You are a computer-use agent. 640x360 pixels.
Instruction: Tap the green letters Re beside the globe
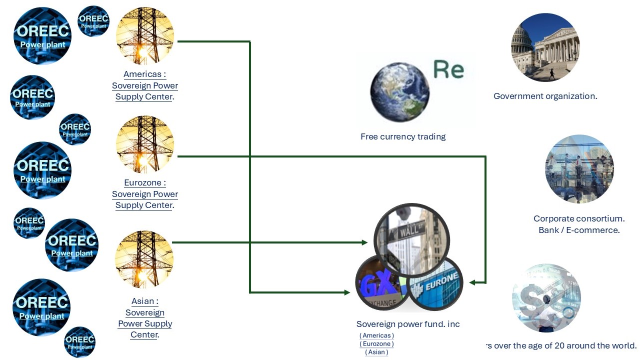tap(448, 69)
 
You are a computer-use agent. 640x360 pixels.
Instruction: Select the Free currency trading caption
tap(403, 136)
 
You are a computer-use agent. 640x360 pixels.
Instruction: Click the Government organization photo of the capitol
tap(545, 47)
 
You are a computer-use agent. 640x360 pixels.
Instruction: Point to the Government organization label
tap(545, 96)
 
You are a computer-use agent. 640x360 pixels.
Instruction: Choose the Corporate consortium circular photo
tap(579, 169)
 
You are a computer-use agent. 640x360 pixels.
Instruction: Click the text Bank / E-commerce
tap(579, 230)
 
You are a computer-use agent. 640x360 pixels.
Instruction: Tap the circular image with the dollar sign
tap(546, 298)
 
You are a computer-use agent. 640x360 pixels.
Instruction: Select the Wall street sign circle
tap(411, 239)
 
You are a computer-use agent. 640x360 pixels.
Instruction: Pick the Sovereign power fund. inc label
tap(408, 324)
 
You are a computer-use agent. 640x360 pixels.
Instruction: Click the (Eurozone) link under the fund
tap(376, 344)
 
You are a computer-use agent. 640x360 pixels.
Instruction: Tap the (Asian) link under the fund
tap(376, 352)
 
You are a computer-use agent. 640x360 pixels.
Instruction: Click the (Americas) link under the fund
tap(376, 335)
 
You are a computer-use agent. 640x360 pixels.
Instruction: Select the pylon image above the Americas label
tap(145, 36)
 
